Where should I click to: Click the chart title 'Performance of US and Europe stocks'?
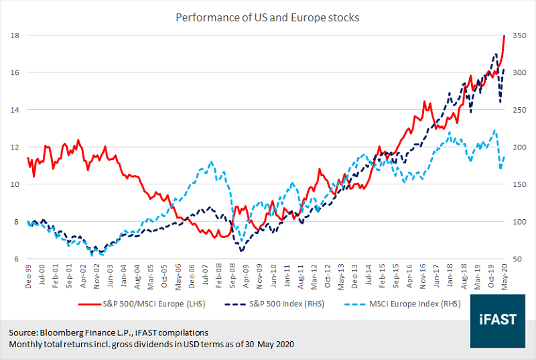(x=267, y=17)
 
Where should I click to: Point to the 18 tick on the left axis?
(x=15, y=35)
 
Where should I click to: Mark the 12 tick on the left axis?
(x=15, y=147)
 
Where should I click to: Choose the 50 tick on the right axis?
(x=517, y=259)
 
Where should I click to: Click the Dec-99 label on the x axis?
(x=27, y=274)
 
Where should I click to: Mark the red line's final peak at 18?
(x=503, y=36)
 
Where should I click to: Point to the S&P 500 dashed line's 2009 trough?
(x=242, y=251)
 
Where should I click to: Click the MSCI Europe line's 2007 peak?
(x=212, y=162)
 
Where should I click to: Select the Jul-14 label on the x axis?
(x=367, y=274)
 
